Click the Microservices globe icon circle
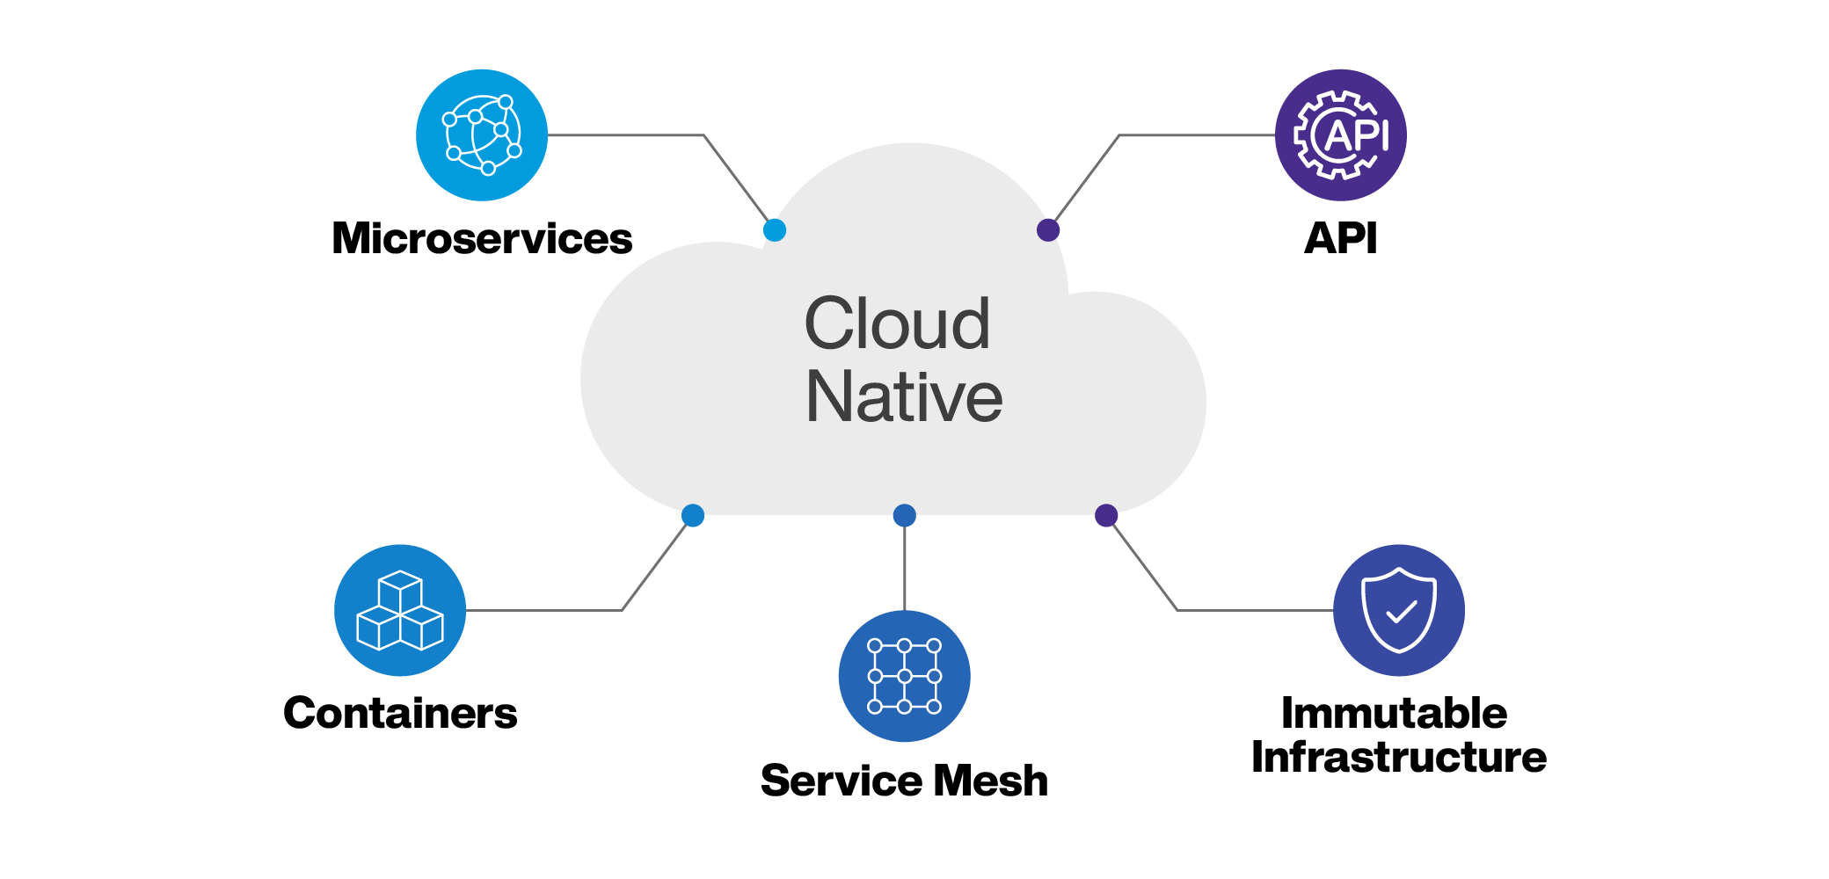[x=482, y=135]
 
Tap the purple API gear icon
[x=1340, y=135]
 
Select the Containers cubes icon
[x=400, y=610]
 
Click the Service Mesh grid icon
[x=904, y=676]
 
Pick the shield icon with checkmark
[x=1398, y=610]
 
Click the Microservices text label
[x=482, y=238]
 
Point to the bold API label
[x=1340, y=238]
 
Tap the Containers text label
[x=400, y=713]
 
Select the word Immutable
[x=1394, y=713]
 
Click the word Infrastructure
[x=1398, y=757]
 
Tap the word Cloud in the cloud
[x=897, y=323]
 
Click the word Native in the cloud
[x=904, y=396]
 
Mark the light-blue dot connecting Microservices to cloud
[x=775, y=230]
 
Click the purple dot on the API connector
[x=1048, y=230]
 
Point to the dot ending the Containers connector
[x=693, y=515]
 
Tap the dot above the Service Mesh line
[x=904, y=515]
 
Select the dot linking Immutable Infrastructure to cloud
[x=1106, y=515]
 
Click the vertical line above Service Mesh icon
[x=904, y=567]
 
